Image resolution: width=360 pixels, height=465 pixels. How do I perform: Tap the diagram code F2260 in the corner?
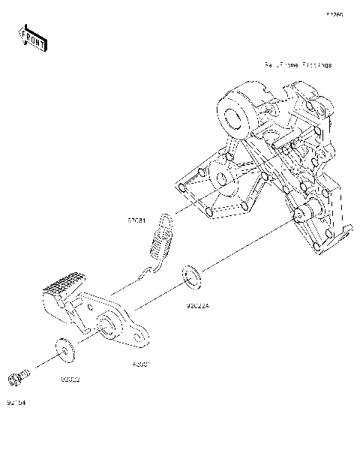pyautogui.click(x=334, y=13)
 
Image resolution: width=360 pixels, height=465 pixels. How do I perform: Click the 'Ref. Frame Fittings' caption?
pyautogui.click(x=297, y=65)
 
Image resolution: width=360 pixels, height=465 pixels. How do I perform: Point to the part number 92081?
pyautogui.click(x=136, y=222)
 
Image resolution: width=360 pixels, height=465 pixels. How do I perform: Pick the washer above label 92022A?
pyautogui.click(x=192, y=277)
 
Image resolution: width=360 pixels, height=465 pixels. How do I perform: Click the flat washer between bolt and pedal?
pyautogui.click(x=64, y=349)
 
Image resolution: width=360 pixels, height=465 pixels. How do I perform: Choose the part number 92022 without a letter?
pyautogui.click(x=70, y=379)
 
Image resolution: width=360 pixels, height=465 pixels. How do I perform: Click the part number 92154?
pyautogui.click(x=16, y=401)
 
